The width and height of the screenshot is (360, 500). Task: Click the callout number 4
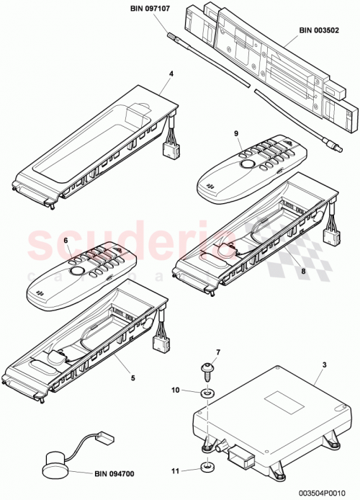pyautogui.click(x=171, y=73)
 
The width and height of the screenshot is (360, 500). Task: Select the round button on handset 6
pyautogui.click(x=76, y=272)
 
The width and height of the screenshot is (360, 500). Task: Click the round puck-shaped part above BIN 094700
pyautogui.click(x=55, y=463)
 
